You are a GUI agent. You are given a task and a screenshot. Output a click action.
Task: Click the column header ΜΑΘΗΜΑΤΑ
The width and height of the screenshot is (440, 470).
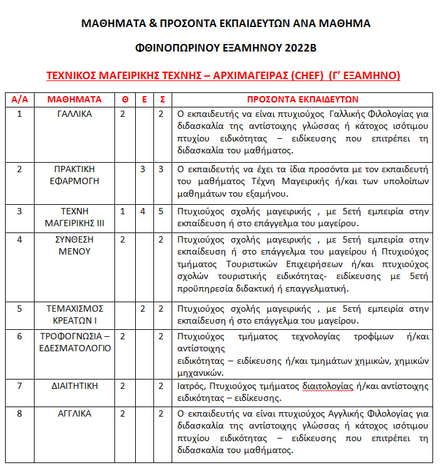tap(74, 99)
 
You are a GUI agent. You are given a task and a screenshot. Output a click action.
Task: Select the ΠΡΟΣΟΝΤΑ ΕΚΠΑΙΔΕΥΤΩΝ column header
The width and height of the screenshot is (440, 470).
tap(302, 99)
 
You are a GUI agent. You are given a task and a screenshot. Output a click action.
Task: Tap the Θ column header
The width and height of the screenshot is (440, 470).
tap(124, 99)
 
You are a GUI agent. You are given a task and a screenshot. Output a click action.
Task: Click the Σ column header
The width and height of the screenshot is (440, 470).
tap(162, 99)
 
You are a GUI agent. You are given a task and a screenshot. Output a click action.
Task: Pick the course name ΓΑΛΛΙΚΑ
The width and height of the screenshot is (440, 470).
tap(74, 114)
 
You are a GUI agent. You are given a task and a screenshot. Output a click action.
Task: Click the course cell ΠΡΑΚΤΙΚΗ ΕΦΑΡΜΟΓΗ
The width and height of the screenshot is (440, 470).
tap(74, 175)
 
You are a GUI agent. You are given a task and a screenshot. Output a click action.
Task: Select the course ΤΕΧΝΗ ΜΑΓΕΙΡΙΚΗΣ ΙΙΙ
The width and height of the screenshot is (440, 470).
tap(74, 217)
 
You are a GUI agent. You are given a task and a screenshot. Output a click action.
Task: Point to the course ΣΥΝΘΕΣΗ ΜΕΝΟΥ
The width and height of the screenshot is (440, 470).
tap(74, 245)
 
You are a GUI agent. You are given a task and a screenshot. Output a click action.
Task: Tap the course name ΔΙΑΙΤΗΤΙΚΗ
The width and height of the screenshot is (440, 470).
tap(74, 386)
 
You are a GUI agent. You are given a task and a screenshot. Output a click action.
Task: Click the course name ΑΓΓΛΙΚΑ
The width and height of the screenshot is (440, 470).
tap(74, 413)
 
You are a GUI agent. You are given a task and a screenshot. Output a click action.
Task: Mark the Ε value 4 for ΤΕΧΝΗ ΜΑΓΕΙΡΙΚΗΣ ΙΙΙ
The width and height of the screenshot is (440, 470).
tap(143, 211)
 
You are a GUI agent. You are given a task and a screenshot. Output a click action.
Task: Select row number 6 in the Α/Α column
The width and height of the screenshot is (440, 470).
tap(19, 336)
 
